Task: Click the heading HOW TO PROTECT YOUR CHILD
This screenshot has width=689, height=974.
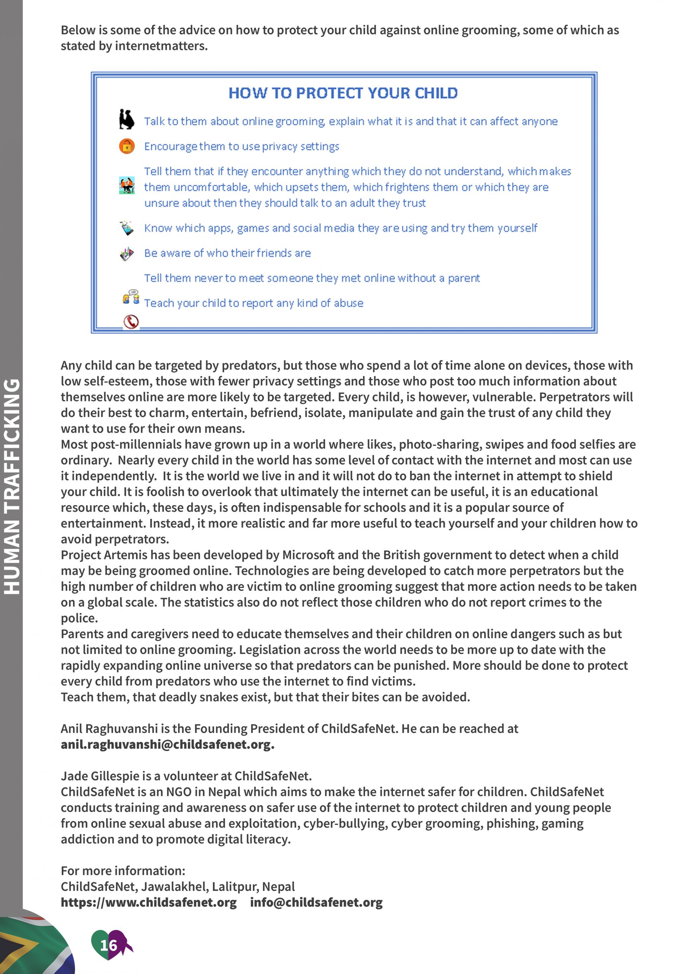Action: (343, 93)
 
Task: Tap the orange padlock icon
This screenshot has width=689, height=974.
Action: (126, 146)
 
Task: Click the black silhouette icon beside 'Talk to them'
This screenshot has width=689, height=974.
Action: (126, 119)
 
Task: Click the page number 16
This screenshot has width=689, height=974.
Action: (108, 945)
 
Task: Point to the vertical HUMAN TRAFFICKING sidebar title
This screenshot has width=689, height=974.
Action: (12, 486)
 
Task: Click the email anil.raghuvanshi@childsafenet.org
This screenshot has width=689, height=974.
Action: (167, 745)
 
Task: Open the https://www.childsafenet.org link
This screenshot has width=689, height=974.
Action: (148, 902)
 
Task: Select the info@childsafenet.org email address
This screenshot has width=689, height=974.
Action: (316, 902)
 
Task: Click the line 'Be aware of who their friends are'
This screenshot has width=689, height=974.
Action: (228, 253)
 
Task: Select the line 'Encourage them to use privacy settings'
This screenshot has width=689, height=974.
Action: (242, 146)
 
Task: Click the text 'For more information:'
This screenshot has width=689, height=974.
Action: (123, 871)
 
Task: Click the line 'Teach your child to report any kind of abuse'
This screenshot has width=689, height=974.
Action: (254, 303)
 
